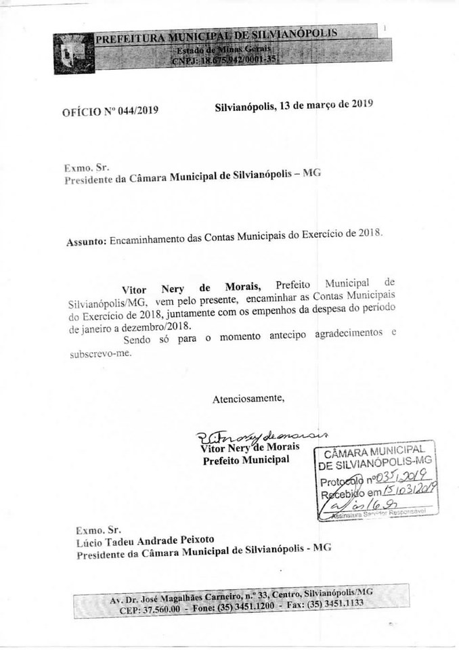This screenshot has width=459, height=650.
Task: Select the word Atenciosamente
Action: (249, 398)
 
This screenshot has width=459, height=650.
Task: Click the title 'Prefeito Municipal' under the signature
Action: (246, 460)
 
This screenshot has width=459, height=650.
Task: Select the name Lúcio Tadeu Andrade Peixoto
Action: (146, 540)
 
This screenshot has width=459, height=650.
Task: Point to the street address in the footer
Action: (240, 597)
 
